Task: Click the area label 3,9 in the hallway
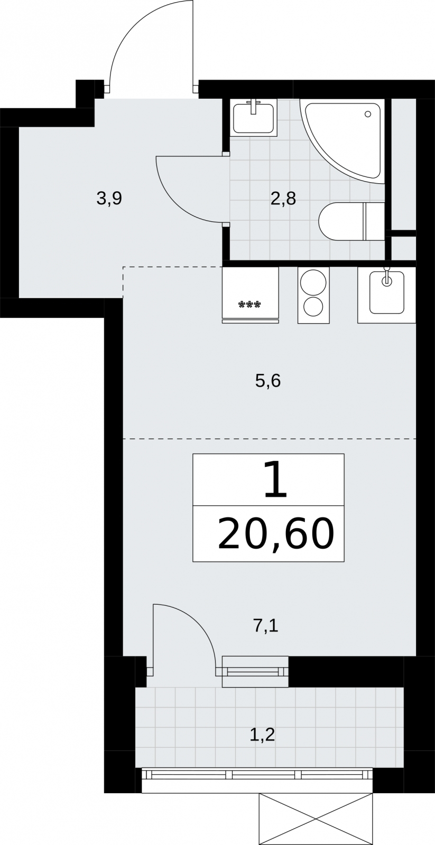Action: pos(109,199)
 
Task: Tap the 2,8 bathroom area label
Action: pos(283,199)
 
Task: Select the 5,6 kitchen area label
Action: pos(268,381)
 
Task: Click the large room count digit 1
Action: pos(275,480)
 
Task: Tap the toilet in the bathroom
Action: pos(351,221)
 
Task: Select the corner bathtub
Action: pos(343,142)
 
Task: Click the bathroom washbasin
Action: pos(253,117)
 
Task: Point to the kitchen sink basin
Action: pos(387,293)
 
